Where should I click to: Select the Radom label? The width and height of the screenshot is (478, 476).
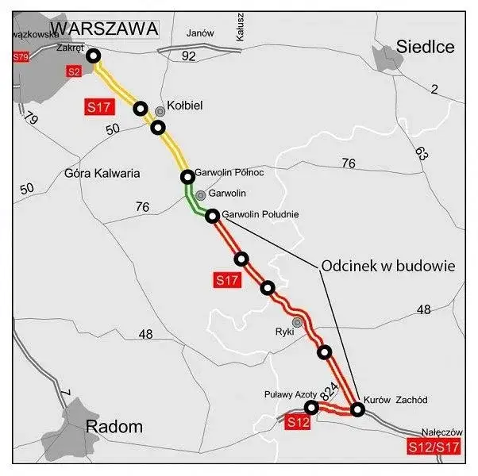click(x=114, y=427)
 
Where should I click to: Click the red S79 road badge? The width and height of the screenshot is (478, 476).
click(x=21, y=58)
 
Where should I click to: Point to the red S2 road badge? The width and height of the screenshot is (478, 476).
click(x=74, y=72)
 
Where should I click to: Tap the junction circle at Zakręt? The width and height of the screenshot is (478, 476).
click(x=94, y=56)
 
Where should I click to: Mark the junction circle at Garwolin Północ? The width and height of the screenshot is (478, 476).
click(x=187, y=176)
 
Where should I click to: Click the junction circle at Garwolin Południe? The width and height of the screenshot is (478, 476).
click(x=212, y=216)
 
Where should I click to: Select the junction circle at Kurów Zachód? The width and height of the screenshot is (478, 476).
click(x=357, y=409)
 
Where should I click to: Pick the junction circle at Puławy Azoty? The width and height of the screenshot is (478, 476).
click(x=311, y=407)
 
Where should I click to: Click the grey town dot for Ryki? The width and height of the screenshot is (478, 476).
click(x=297, y=322)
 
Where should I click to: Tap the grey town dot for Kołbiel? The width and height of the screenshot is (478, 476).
click(x=160, y=111)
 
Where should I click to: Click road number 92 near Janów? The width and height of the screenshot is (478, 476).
click(x=188, y=56)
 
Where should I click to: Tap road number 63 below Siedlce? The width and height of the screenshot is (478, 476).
click(x=422, y=151)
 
